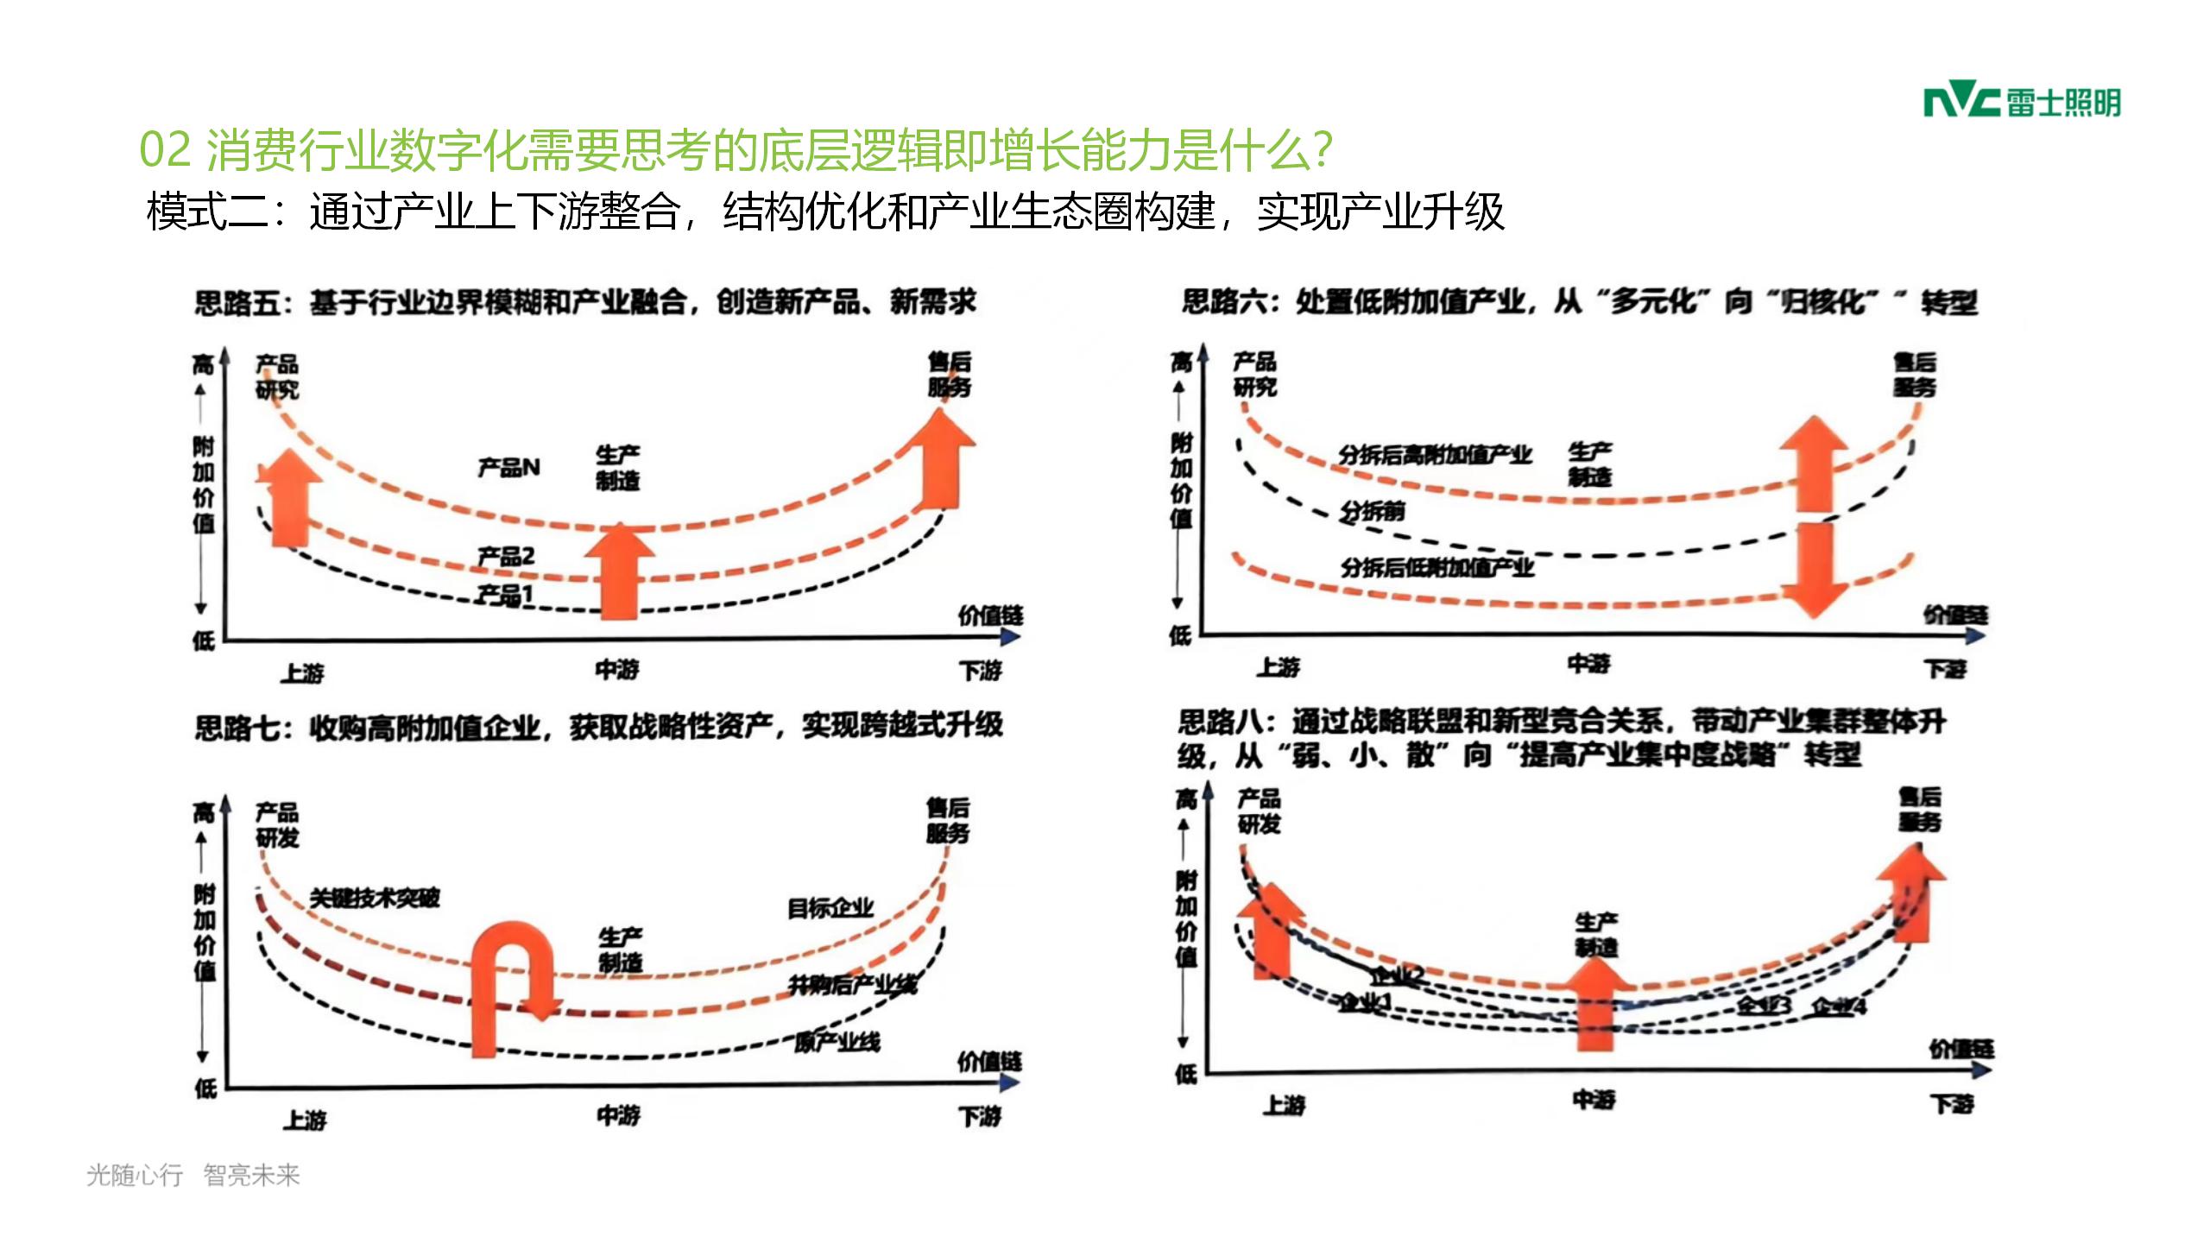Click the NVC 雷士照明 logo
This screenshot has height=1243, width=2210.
coord(2021,103)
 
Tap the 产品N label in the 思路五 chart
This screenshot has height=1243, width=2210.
coord(508,467)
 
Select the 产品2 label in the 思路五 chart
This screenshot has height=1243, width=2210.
coord(506,556)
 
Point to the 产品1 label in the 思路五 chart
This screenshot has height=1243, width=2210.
coord(506,594)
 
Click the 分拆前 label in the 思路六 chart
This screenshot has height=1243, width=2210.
coord(1373,511)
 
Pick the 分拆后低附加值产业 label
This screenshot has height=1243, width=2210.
coord(1437,567)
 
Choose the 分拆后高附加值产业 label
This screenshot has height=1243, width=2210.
coord(1435,454)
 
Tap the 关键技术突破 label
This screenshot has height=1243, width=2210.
coord(375,898)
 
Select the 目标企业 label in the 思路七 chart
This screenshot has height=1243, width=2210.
coord(830,907)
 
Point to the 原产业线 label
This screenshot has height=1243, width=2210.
coord(837,1042)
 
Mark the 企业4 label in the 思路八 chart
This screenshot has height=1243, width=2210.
coord(1839,1006)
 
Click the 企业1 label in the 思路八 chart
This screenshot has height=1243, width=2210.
coord(1364,1002)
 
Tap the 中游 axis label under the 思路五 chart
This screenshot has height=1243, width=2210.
coord(617,669)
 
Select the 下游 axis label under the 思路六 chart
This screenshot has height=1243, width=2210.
coord(1946,669)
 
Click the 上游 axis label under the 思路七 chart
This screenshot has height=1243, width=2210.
coord(305,1120)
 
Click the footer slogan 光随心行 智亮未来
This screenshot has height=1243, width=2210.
coord(193,1175)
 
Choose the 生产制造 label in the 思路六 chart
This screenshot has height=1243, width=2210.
coord(1590,464)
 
